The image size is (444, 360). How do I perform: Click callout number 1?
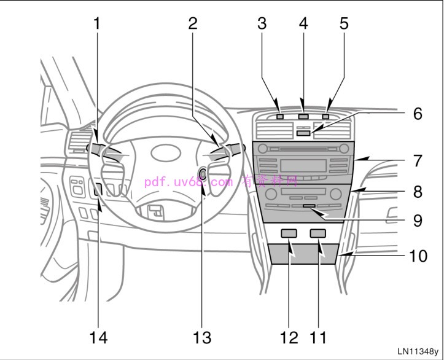point(97,23)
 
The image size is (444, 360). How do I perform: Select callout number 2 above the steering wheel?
point(193,23)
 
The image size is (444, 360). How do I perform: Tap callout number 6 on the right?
point(418,114)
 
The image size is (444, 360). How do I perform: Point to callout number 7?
point(418,161)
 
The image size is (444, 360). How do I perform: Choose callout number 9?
point(418,221)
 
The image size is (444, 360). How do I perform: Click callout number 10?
point(418,254)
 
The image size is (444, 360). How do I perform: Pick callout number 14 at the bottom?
point(98,337)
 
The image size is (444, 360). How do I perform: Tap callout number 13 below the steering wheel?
point(202,337)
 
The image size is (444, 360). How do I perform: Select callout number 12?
point(289,337)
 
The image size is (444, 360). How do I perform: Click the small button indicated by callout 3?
point(280,115)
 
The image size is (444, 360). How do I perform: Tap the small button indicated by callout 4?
point(303,115)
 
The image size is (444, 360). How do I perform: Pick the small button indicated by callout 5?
point(325,115)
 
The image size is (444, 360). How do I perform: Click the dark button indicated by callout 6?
point(303,131)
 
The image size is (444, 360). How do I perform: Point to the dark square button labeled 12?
point(289,233)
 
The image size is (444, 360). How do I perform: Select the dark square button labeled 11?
point(317,233)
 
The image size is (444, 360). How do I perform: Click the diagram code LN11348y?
point(418,351)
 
